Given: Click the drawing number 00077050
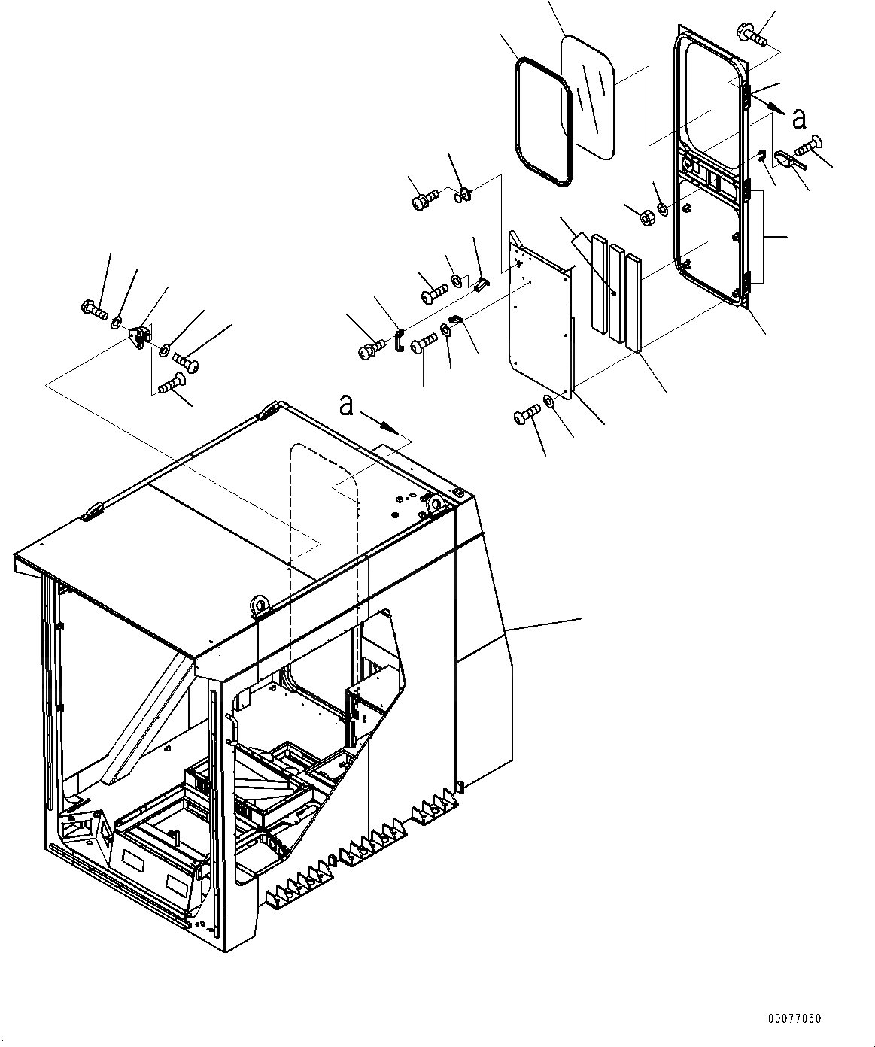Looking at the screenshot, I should pos(794,1019).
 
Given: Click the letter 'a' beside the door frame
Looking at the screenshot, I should pos(799,118).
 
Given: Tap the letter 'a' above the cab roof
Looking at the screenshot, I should pos(346,405).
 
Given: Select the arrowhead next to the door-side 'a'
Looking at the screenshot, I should pos(774,107).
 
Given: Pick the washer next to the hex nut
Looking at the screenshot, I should pos(663,208).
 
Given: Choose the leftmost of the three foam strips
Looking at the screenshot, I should pos(599,284).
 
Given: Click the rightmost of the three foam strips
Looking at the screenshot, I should pos(633,302).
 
